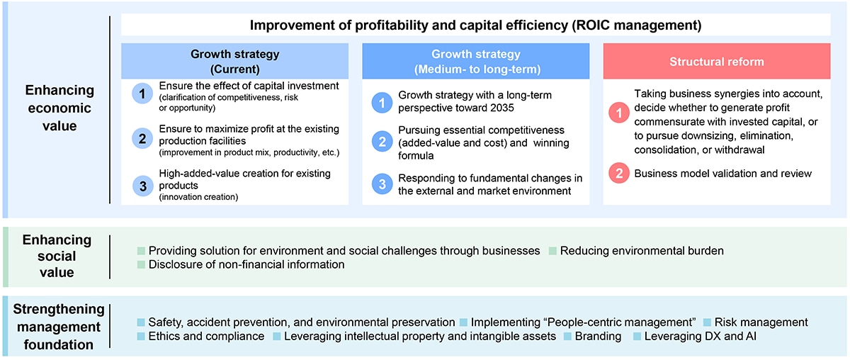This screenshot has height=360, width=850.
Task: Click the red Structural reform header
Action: pos(716,61)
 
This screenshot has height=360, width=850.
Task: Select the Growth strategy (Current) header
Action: pos(234,61)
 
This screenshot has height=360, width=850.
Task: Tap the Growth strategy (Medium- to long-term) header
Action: pos(476,61)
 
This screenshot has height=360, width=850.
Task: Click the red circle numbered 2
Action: pos(619,173)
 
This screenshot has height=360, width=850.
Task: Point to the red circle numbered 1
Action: pos(619,113)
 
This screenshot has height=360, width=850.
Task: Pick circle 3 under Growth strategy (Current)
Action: pos(142,186)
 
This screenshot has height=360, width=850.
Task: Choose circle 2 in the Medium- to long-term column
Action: pos(382,142)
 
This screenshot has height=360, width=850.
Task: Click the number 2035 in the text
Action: pos(501,108)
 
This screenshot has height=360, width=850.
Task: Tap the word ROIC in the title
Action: pos(591,25)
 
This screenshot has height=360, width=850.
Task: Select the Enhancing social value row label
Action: pos(57,256)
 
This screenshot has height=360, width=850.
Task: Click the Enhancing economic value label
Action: pos(59,108)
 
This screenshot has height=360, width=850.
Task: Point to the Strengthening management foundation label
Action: pos(59,327)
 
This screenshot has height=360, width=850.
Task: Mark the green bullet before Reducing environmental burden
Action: pos(552,251)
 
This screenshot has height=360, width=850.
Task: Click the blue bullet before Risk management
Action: pos(707,322)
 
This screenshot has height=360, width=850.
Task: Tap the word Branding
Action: pos(598,336)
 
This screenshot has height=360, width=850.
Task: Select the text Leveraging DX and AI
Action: pos(700,336)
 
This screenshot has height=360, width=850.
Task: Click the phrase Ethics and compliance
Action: pos(206,336)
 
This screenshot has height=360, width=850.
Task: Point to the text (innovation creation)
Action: pos(198,197)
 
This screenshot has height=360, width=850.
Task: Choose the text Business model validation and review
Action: pos(723,174)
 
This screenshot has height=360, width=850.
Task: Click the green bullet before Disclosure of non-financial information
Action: pos(141,264)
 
